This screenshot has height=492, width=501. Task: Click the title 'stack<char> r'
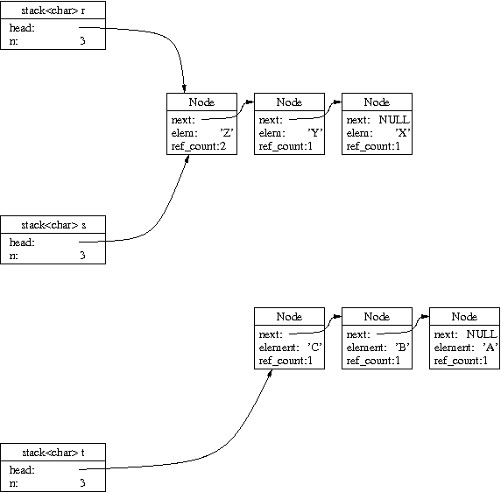53,11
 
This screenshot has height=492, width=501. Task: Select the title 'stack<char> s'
53,225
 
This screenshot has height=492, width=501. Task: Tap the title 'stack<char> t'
53,453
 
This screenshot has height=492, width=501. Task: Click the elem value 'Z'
227,132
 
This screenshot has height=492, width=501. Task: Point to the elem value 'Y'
314,132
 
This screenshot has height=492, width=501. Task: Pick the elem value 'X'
403,132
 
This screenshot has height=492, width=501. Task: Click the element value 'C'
314,347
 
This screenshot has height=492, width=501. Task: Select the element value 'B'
403,347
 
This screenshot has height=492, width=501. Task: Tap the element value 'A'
490,347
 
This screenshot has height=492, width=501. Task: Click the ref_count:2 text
199,146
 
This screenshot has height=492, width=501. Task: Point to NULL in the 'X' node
394,120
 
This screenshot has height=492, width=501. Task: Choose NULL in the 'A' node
482,334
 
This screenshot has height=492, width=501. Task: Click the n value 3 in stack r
82,41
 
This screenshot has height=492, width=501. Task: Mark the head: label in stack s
22,242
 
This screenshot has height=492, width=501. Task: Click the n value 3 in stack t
82,482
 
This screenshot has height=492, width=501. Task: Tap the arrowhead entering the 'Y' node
250,102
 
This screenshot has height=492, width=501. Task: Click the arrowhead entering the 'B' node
337,317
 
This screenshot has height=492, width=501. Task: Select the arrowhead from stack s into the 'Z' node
187,158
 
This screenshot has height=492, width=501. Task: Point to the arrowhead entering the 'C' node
270,373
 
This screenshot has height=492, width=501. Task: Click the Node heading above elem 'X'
377,102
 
